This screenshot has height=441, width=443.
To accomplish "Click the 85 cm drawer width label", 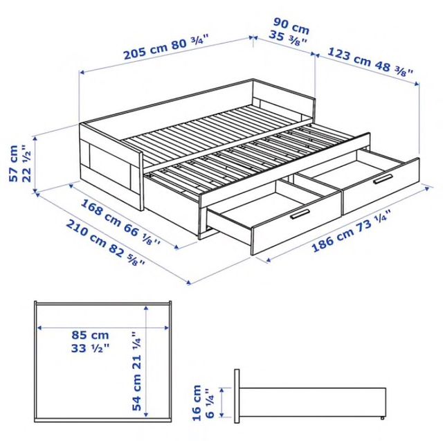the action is click(90, 335).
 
